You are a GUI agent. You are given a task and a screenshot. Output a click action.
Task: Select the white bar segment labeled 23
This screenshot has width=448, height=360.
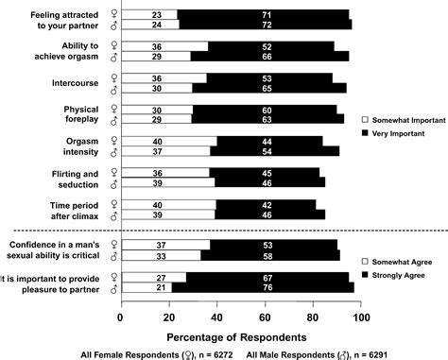[157, 15]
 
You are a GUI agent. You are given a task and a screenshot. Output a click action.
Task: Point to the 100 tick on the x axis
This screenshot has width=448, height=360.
[361, 317]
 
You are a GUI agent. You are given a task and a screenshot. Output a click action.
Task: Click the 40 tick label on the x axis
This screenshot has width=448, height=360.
[216, 317]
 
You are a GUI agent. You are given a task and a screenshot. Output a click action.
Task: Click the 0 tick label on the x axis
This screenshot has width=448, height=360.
[120, 317]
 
